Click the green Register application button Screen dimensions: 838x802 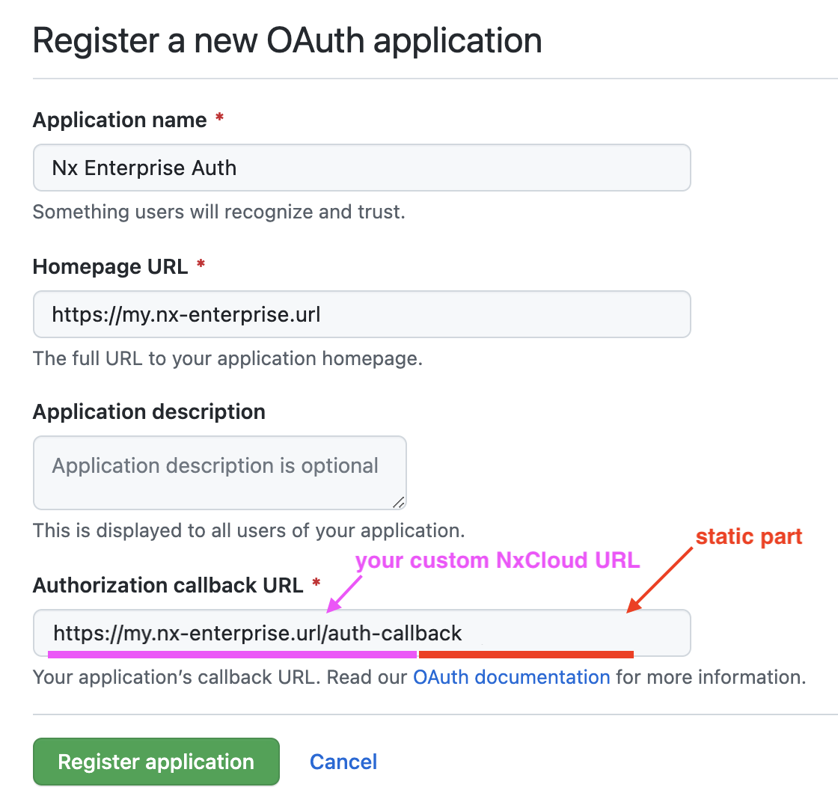156,762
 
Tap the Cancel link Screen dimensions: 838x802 343,762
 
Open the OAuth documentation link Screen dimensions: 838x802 512,677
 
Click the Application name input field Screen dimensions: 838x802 362,168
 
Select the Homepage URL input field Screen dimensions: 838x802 362,314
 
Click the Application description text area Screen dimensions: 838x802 220,473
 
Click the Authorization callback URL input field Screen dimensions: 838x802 362,633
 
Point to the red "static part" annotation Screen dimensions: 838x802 749,536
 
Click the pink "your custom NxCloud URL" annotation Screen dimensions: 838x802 498,560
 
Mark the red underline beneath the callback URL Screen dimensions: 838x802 526,655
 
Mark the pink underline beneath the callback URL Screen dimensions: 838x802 232,655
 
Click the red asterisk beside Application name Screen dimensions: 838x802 219,117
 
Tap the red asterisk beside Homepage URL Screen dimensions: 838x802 201,263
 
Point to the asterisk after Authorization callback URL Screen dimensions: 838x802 316,582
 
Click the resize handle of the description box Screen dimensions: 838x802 399,502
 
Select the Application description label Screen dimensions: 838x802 149,412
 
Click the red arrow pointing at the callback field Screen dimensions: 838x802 659,580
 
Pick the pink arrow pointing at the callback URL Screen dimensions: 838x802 344,593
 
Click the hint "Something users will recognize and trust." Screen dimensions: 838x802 219,212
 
